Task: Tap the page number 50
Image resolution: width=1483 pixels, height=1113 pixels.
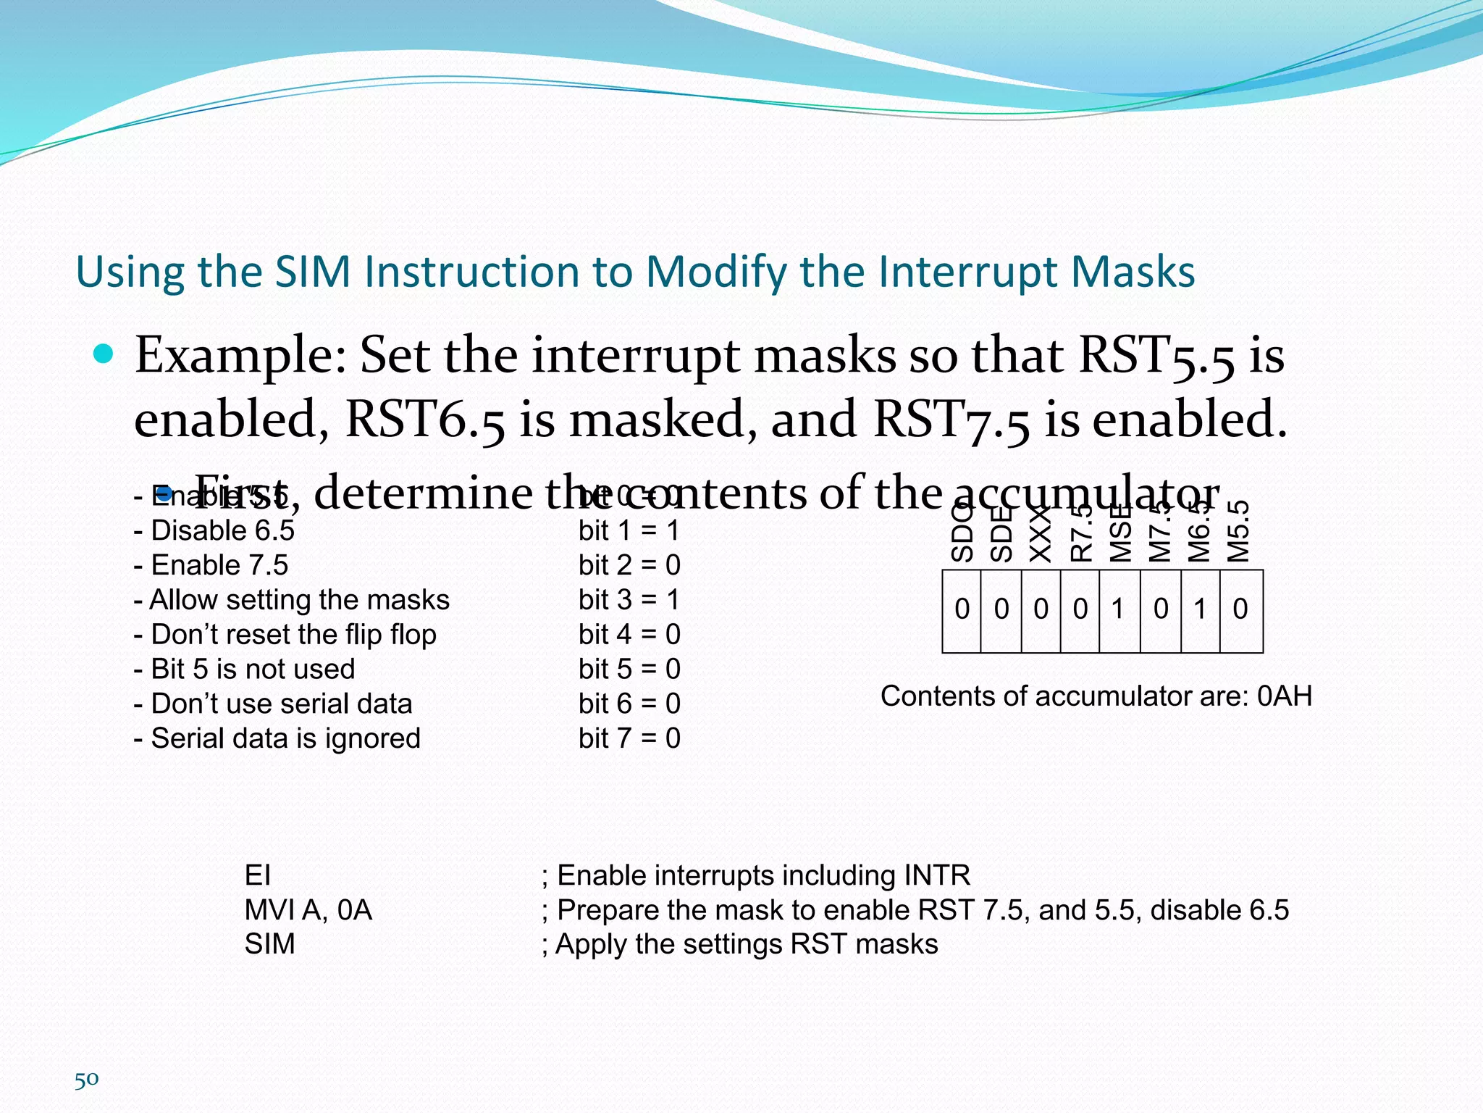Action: pyautogui.click(x=86, y=1080)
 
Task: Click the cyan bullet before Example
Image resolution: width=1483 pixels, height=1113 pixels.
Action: pyautogui.click(x=104, y=354)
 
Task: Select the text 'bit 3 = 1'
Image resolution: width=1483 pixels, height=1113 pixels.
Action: pyautogui.click(x=629, y=600)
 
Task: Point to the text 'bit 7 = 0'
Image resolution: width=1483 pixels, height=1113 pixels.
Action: pyautogui.click(x=629, y=738)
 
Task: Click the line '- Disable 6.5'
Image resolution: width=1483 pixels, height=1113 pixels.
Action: pyautogui.click(x=214, y=530)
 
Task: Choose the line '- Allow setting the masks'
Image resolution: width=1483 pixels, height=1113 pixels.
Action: pyautogui.click(x=292, y=600)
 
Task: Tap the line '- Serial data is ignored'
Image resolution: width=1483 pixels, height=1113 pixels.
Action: pyautogui.click(x=277, y=738)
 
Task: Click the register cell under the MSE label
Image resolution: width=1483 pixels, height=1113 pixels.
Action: pyautogui.click(x=1119, y=610)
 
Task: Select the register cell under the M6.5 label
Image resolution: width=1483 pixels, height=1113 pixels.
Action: pyautogui.click(x=1200, y=610)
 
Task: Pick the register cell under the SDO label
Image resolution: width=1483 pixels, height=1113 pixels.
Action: pyautogui.click(x=962, y=610)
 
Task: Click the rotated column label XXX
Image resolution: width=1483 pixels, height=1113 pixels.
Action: pyautogui.click(x=1041, y=535)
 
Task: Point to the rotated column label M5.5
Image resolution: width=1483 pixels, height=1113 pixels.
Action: pyautogui.click(x=1240, y=532)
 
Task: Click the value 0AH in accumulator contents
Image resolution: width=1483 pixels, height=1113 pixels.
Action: pyautogui.click(x=1284, y=696)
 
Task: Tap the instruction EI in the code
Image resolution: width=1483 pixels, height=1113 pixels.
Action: pyautogui.click(x=258, y=875)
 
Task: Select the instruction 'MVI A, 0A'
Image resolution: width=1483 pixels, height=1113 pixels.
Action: pyautogui.click(x=308, y=910)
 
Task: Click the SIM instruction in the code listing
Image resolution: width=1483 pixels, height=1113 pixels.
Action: pyautogui.click(x=269, y=944)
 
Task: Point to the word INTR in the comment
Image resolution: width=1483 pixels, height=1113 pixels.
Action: pyautogui.click(x=937, y=875)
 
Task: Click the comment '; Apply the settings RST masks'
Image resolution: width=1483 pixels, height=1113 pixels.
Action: pyautogui.click(x=739, y=944)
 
